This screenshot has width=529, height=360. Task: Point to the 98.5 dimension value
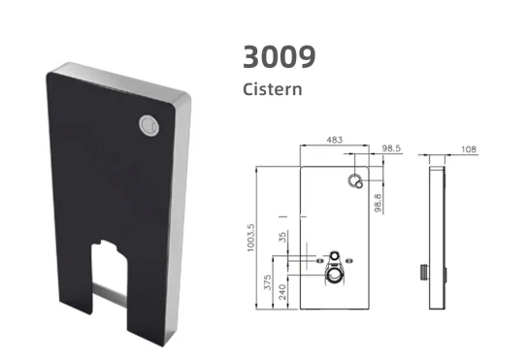click(392, 148)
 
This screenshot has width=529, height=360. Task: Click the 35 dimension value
click(282, 237)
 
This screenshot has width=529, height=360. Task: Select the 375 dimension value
click(267, 282)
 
